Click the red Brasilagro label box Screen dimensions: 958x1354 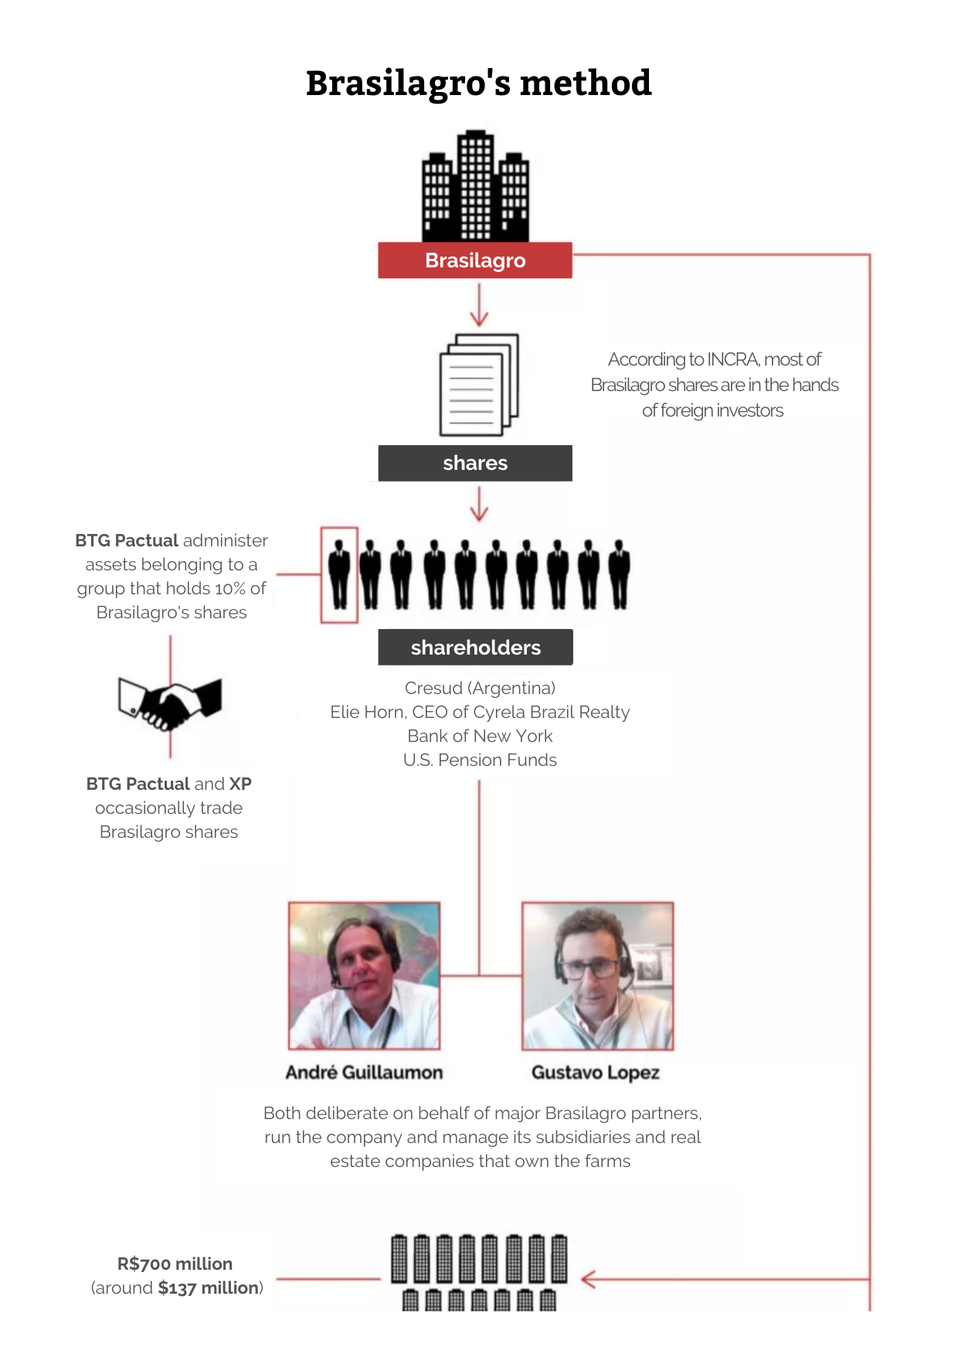(475, 260)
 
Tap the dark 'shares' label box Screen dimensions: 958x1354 (475, 463)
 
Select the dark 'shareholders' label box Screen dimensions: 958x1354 (475, 647)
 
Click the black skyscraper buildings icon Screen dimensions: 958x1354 (475, 185)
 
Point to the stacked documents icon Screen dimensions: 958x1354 (479, 385)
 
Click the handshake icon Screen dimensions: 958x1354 (170, 703)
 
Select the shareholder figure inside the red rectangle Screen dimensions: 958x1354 (339, 574)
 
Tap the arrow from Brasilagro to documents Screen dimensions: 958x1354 (479, 304)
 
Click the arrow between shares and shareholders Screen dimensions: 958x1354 (479, 503)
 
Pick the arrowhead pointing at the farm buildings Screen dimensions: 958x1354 (588, 1279)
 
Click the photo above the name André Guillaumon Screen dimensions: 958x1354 (364, 975)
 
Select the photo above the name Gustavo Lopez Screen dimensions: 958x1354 (597, 975)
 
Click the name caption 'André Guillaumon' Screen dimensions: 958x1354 (364, 1072)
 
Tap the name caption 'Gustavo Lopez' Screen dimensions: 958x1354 (596, 1073)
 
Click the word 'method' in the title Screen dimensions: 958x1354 (586, 83)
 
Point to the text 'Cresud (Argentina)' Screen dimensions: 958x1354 (480, 688)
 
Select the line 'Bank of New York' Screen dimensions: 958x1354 (480, 736)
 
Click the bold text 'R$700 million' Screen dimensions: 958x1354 (175, 1264)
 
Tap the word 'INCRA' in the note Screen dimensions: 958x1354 (733, 359)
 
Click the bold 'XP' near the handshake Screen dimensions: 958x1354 (240, 784)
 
